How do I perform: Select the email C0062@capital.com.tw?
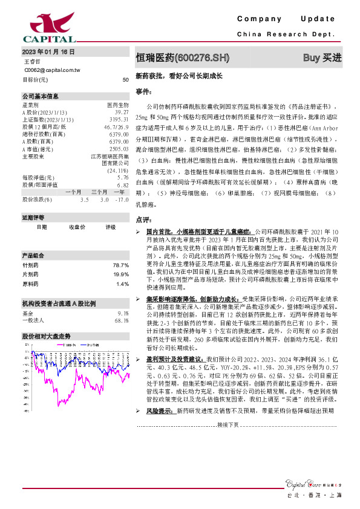click(x=52, y=70)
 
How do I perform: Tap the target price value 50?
click(x=125, y=79)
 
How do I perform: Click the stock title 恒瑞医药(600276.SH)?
click(x=183, y=58)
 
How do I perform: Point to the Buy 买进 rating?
click(x=321, y=58)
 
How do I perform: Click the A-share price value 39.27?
click(x=121, y=112)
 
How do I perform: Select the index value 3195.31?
click(x=119, y=120)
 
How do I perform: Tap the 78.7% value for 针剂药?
click(x=121, y=265)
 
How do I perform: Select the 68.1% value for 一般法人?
click(x=121, y=321)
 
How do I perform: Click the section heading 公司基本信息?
click(x=41, y=96)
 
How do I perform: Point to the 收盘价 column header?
click(x=77, y=227)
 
